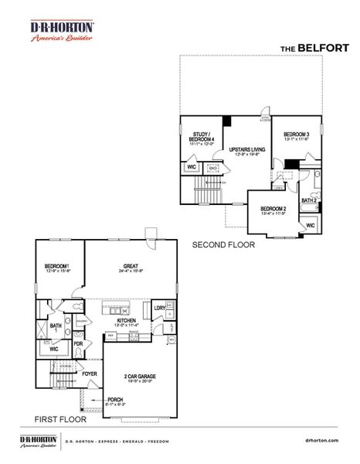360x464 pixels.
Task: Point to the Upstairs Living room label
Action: coord(248,150)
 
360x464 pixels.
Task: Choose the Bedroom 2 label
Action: coord(273,210)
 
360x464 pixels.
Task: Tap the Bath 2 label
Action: coord(309,201)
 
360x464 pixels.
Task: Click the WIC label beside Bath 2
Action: coord(309,225)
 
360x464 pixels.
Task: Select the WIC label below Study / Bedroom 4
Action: coord(191,166)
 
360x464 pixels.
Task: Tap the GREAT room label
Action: coord(130,267)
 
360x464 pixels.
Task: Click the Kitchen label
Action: coord(127,321)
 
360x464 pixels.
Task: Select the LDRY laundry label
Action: coord(159,308)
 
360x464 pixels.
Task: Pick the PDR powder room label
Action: coord(78,344)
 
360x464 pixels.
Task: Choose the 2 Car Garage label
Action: coord(140,377)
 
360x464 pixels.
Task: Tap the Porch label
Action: coord(94,400)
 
